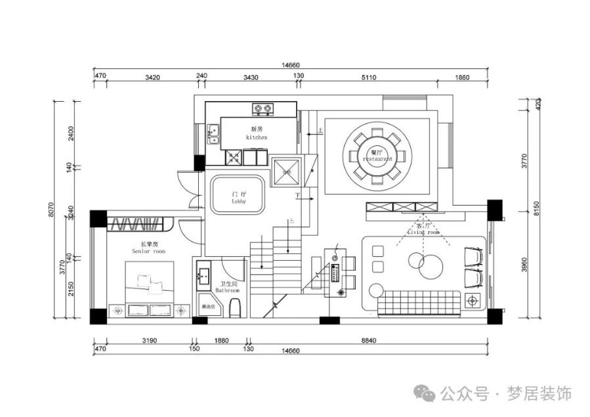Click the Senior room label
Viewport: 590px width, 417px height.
click(x=149, y=248)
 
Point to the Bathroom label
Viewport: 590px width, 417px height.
click(x=227, y=288)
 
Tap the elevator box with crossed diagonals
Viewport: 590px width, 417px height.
click(x=285, y=172)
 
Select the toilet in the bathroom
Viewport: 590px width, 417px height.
click(x=237, y=307)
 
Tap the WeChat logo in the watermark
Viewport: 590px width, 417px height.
click(x=427, y=393)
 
